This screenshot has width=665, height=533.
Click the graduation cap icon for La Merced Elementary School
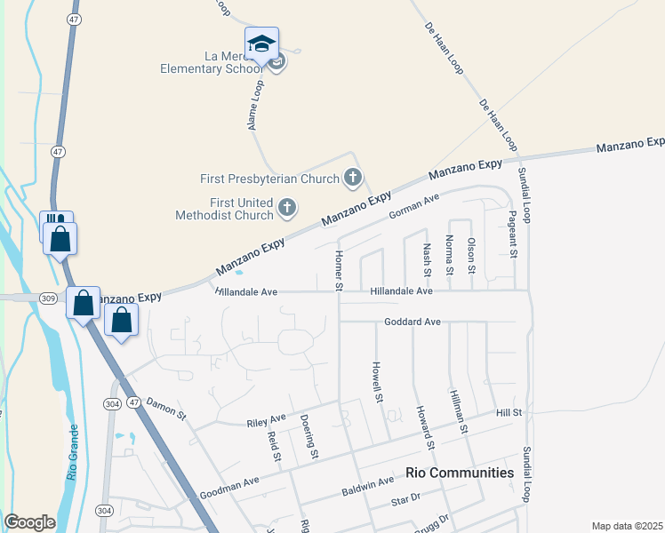pos(262,44)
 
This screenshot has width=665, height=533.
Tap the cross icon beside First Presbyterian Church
pos(353,179)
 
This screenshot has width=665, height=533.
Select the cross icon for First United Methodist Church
pos(286,209)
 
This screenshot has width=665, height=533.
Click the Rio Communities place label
pos(459,473)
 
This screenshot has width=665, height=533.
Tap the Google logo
pos(29,522)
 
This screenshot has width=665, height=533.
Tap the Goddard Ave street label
pos(413,322)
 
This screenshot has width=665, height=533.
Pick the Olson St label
pos(472,256)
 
